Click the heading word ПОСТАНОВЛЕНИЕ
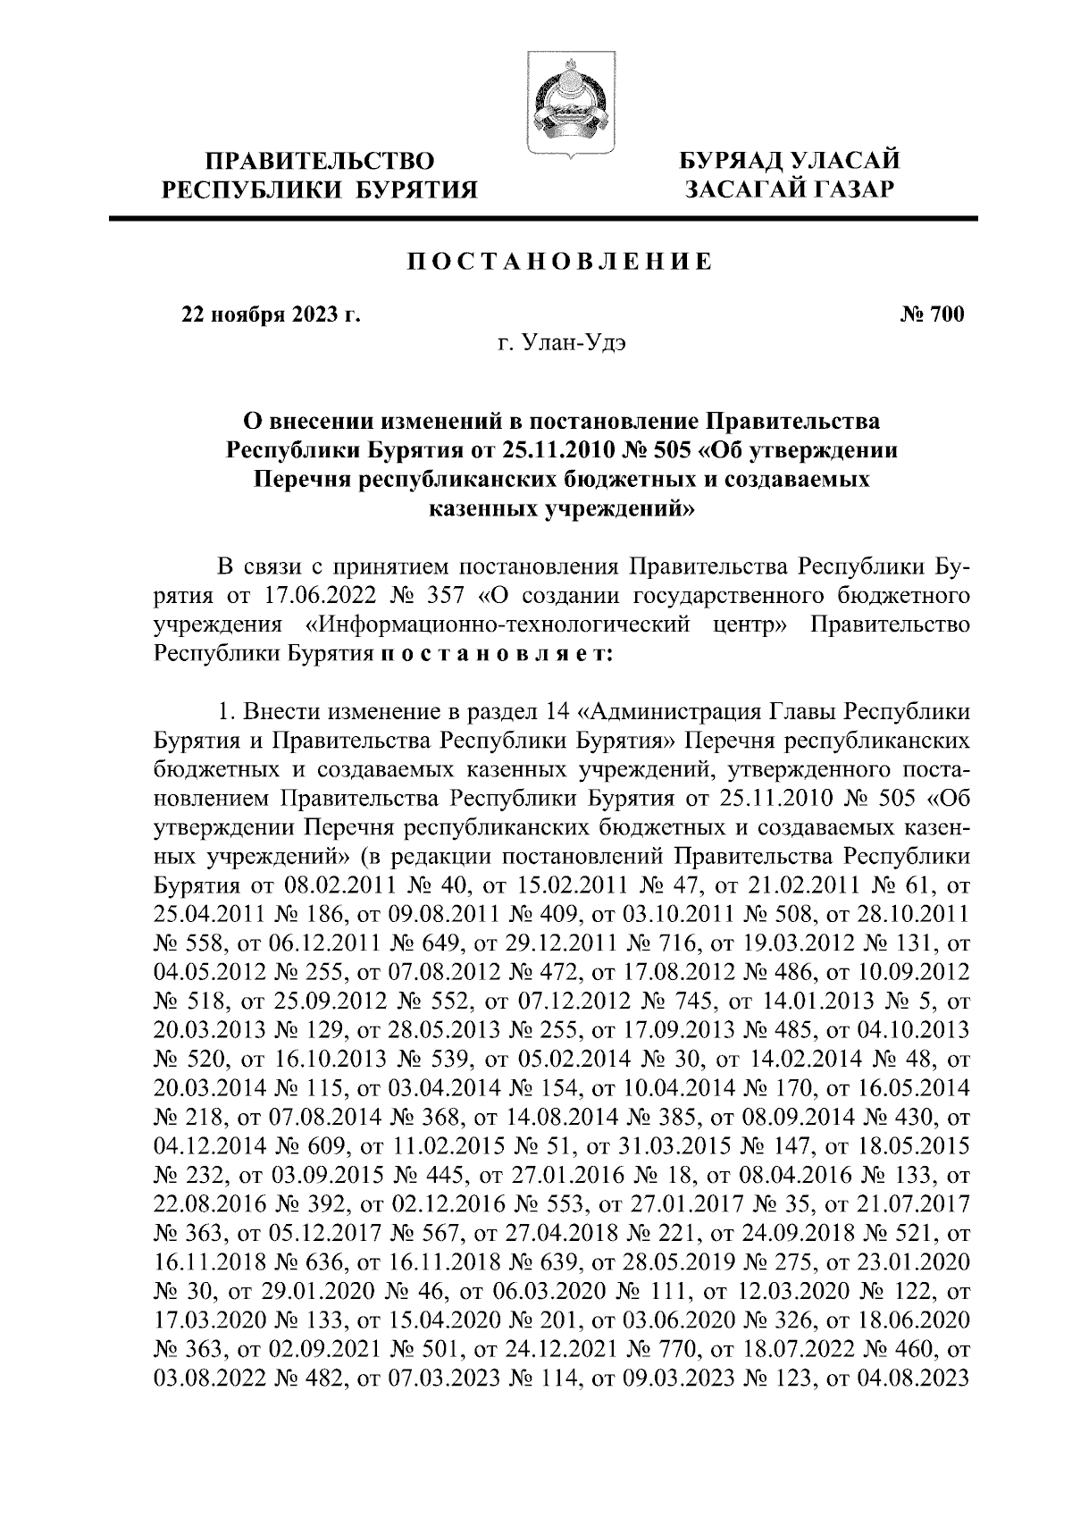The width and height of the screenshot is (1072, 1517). point(560,262)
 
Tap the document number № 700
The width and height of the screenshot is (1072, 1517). point(932,314)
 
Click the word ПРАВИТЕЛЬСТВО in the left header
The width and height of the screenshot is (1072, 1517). point(321,162)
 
